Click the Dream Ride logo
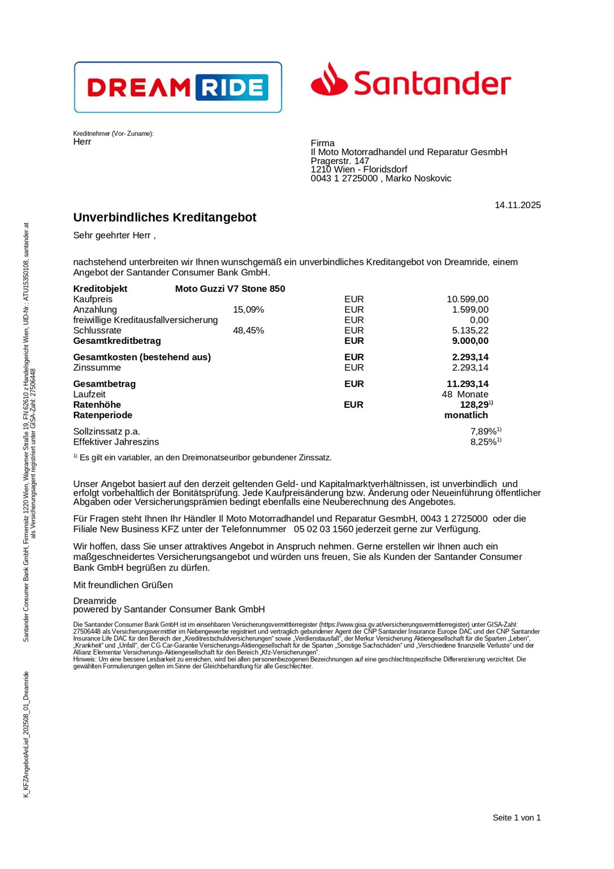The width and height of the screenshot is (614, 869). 178,87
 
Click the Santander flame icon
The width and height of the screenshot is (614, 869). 329,80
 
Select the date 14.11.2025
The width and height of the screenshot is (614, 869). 517,205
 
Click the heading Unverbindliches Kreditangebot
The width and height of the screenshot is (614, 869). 165,217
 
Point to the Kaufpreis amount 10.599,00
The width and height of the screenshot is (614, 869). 468,299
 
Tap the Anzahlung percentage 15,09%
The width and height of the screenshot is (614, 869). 248,309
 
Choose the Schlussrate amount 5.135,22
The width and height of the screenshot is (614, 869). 470,330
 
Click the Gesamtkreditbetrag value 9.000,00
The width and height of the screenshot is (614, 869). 470,341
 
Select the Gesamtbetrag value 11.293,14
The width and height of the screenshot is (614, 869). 468,384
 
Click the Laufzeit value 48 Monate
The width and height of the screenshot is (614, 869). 465,394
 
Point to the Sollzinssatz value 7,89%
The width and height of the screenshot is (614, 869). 483,432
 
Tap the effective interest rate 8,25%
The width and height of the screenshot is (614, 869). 483,442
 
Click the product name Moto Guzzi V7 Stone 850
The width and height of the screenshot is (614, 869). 230,289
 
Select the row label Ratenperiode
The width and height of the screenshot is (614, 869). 102,415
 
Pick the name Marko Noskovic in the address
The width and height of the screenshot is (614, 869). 418,178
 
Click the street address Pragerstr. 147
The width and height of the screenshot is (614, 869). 340,161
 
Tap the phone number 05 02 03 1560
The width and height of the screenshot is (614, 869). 323,529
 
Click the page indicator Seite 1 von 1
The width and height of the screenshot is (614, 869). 516,818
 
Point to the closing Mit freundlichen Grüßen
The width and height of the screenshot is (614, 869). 123,585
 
